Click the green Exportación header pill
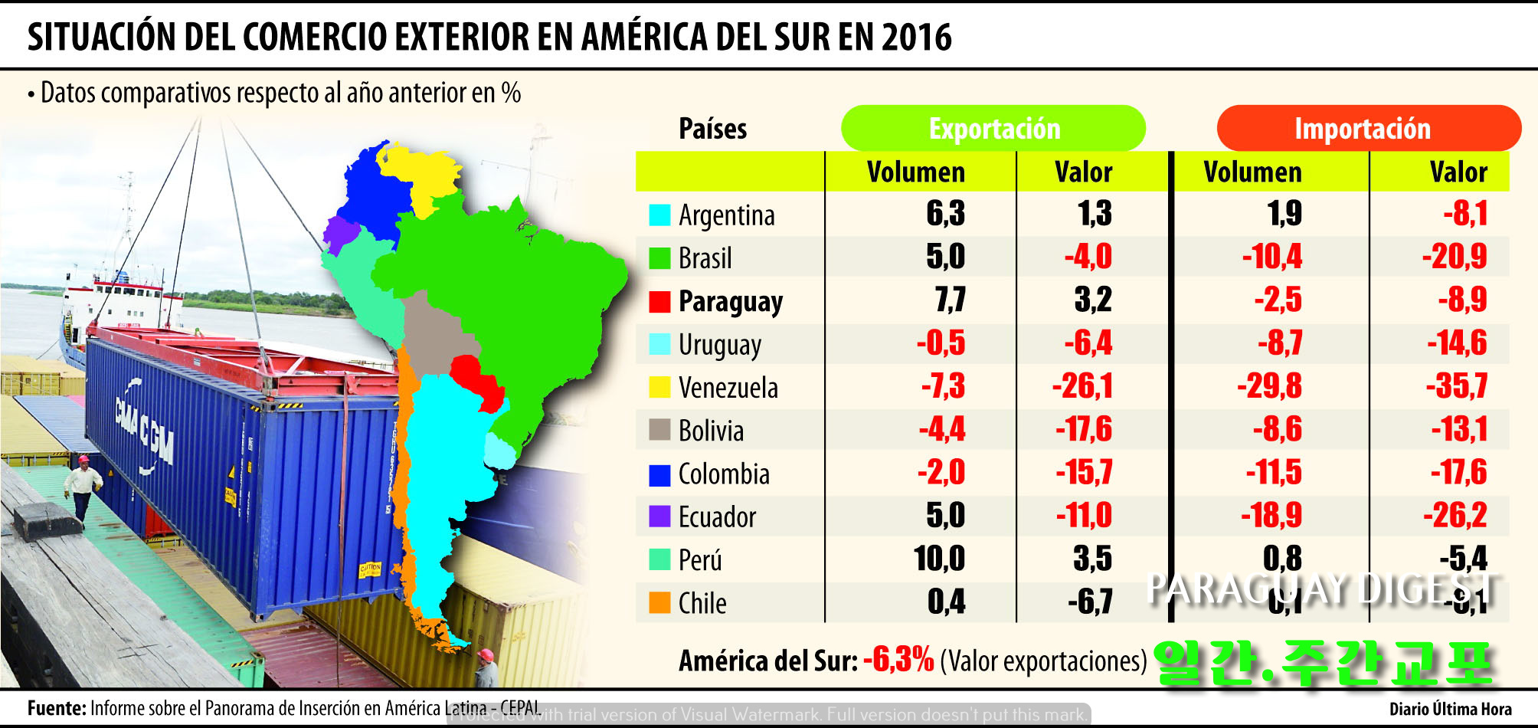pos(993,129)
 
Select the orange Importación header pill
pos(1368,129)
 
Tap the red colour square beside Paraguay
pos(659,302)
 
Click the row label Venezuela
pos(728,388)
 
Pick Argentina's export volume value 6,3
pos(945,214)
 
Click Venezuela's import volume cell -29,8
pos(1269,386)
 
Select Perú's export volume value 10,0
pos(939,559)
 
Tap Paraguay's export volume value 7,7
pos(950,300)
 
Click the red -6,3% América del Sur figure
pos(898,660)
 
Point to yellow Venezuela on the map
pos(417,172)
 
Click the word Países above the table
pos(712,129)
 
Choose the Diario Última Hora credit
pos(1450,709)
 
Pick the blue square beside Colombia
pos(659,475)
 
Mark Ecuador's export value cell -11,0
pos(1083,516)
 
